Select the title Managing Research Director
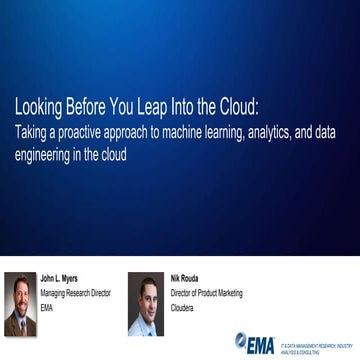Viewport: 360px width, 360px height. (74, 294)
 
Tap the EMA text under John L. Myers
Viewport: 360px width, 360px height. (46, 307)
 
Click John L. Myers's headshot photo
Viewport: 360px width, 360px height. (21, 302)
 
